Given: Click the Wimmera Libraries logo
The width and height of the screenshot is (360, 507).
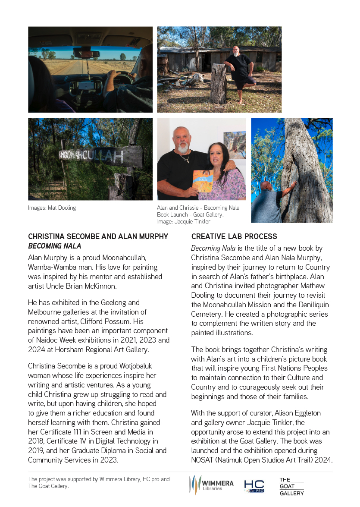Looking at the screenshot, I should (211, 485).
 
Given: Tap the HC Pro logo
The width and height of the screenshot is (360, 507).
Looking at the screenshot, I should (254, 486).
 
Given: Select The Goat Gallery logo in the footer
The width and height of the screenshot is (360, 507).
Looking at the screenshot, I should (291, 486).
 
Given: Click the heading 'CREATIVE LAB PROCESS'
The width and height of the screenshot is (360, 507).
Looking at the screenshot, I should (234, 236).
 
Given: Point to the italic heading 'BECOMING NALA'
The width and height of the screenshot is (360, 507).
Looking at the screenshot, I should (54, 246).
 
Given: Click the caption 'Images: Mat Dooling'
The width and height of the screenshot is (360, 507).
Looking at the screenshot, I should (52, 208).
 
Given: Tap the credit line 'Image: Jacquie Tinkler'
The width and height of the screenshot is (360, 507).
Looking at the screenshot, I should (184, 222).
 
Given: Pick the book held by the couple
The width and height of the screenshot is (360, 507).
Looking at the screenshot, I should (203, 181).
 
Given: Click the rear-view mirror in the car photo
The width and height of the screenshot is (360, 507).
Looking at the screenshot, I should (86, 53).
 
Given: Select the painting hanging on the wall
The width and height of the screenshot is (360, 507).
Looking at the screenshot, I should (235, 145).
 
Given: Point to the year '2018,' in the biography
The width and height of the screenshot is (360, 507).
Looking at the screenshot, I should (38, 441).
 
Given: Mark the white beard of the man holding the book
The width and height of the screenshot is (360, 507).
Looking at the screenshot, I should (184, 148).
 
